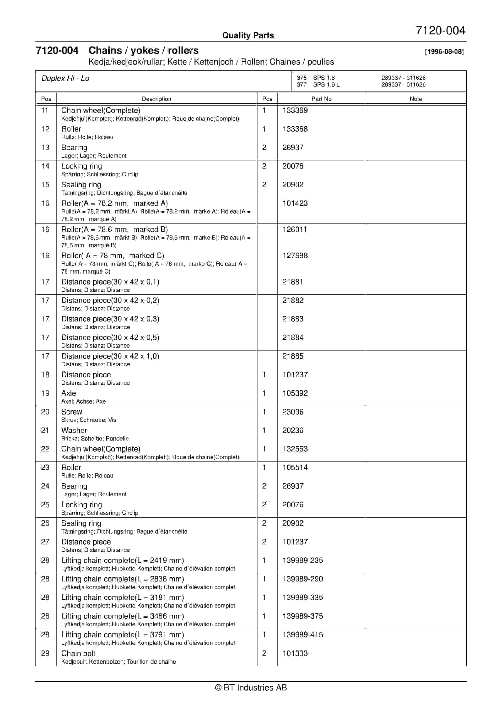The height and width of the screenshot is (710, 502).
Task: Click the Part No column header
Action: (x=321, y=99)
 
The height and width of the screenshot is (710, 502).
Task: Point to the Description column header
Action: (x=157, y=99)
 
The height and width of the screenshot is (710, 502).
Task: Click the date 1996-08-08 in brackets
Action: (x=444, y=52)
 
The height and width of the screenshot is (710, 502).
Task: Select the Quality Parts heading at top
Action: (x=248, y=35)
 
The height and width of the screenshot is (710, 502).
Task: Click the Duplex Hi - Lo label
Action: (x=66, y=79)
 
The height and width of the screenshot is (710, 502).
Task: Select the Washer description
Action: (x=74, y=430)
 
